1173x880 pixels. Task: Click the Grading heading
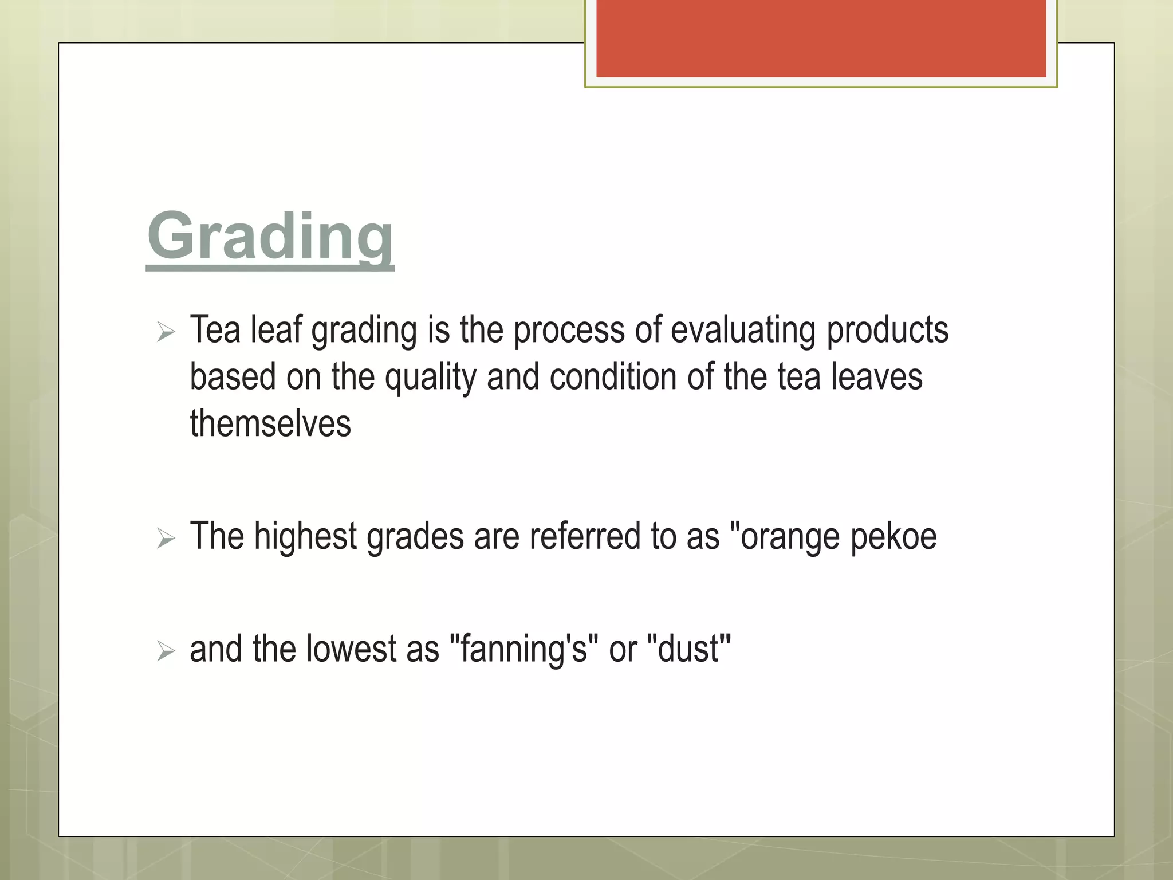270,237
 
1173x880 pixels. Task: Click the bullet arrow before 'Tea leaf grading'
166,332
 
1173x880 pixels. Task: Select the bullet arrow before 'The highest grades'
166,538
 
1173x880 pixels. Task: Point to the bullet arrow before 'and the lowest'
166,651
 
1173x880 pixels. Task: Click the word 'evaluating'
743,331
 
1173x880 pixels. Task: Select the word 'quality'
430,378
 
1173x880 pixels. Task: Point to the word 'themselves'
270,424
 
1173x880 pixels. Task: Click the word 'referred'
585,537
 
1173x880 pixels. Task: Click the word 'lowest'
352,649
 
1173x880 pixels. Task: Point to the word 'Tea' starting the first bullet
215,331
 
